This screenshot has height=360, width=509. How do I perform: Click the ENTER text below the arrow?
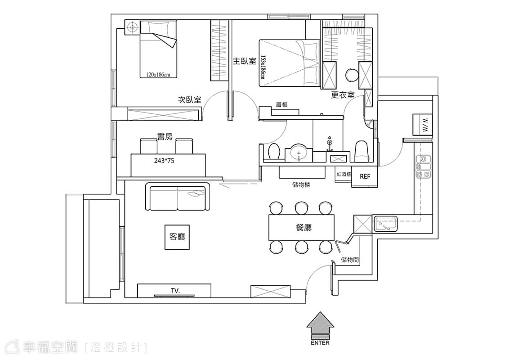click(x=320, y=343)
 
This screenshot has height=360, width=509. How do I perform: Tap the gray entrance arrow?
click(x=320, y=325)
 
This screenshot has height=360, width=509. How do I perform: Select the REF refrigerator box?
click(x=365, y=176)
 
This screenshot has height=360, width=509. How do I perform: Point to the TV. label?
click(x=175, y=291)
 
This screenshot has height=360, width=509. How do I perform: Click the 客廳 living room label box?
click(x=177, y=237)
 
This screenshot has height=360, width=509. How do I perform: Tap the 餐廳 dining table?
click(x=302, y=227)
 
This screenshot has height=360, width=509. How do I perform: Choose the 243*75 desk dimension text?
click(x=164, y=161)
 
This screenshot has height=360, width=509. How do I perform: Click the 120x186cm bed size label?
click(x=158, y=75)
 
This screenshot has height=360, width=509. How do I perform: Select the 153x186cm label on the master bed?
click(x=263, y=67)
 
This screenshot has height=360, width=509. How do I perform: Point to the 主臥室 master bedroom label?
click(x=245, y=61)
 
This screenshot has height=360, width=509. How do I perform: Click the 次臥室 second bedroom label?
click(x=190, y=99)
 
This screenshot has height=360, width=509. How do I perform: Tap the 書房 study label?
click(x=165, y=137)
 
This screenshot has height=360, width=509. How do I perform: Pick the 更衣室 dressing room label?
click(x=343, y=95)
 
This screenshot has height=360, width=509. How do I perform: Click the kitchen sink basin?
click(x=386, y=224)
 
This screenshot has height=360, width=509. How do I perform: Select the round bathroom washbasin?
click(x=299, y=152)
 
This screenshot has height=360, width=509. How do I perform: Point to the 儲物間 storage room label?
click(x=350, y=260)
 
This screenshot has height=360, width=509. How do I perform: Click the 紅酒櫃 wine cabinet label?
click(x=344, y=175)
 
